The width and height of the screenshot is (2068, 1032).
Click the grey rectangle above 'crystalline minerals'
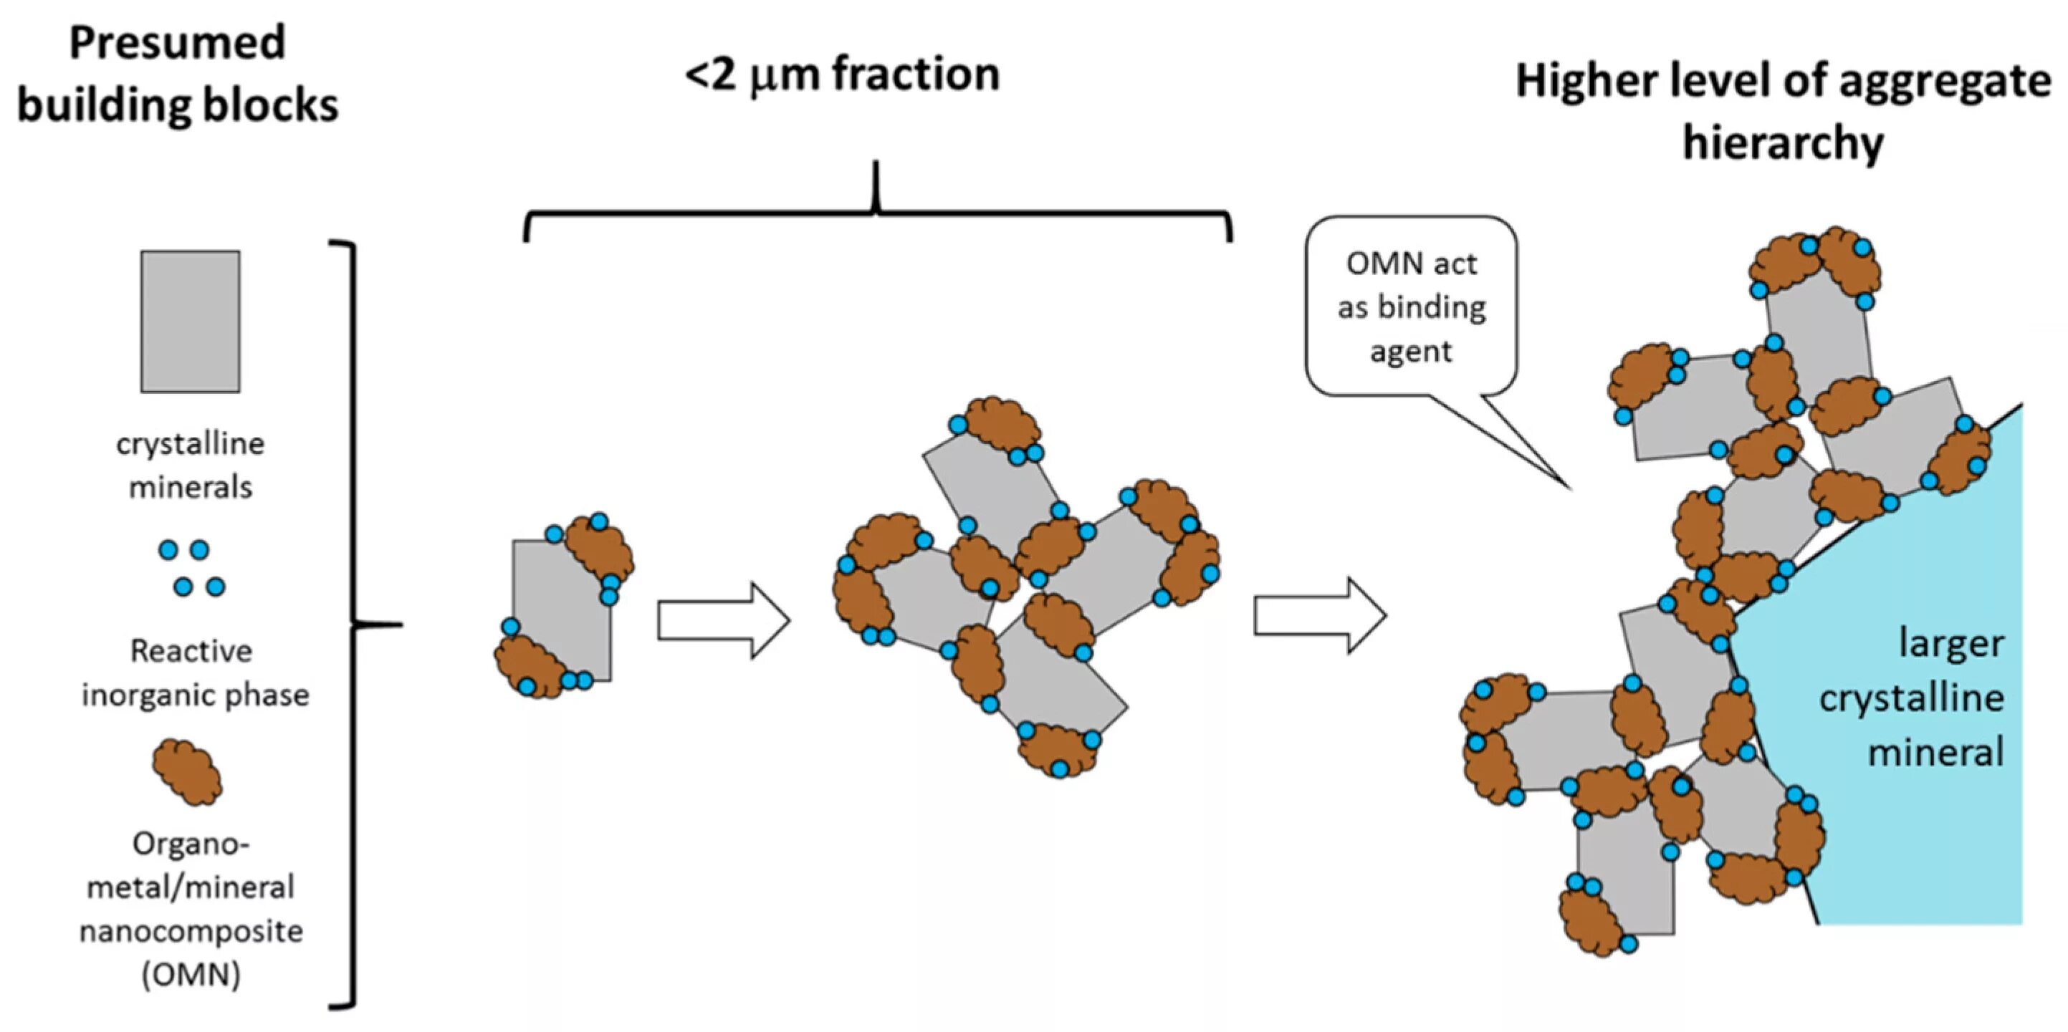191,321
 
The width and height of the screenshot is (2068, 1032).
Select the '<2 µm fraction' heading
842,75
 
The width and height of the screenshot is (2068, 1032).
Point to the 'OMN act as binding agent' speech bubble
1410,307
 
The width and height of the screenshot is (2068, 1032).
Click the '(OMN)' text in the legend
191,974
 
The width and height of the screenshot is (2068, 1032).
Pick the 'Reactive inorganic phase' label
193,672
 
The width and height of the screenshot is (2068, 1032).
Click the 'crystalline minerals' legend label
191,466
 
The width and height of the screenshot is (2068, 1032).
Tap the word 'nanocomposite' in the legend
191,931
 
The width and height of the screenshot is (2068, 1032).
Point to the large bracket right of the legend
353,624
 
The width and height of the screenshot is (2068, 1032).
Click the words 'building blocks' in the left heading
178,105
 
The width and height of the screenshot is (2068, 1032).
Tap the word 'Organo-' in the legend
191,844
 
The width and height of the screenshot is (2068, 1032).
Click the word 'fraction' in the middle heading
915,75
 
